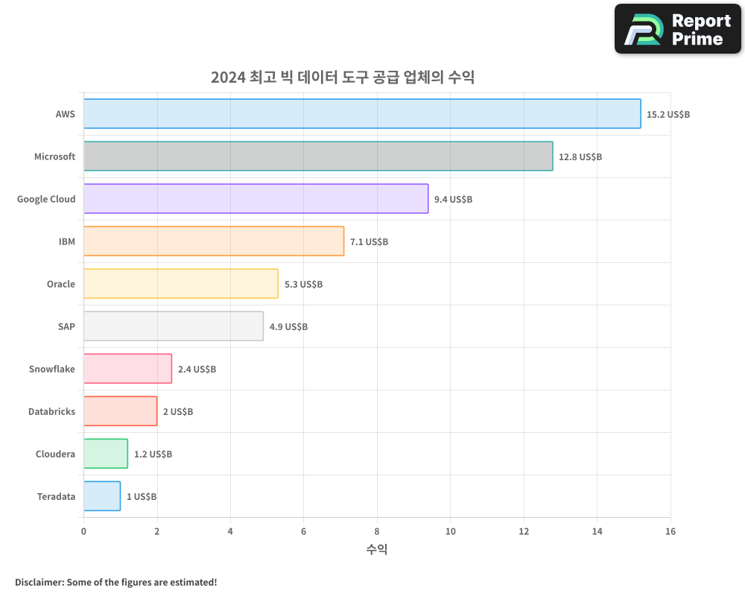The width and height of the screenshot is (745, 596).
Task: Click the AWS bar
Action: tap(362, 114)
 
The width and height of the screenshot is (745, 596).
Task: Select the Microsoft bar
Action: tap(318, 156)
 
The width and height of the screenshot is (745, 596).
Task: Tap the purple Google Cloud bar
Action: tap(256, 199)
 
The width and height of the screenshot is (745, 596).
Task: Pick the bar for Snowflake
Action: tap(127, 369)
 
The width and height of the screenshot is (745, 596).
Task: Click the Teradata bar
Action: tap(102, 496)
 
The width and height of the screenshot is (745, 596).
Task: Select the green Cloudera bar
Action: tap(106, 454)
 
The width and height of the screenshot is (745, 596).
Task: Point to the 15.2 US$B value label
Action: tap(668, 115)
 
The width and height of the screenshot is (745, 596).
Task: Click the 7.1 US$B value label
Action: tap(369, 242)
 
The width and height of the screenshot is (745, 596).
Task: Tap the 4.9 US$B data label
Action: tap(288, 327)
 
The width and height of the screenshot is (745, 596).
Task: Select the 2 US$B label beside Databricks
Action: tap(177, 412)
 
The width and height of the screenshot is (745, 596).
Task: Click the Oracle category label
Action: tap(61, 285)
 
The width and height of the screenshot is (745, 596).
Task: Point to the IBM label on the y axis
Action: tap(67, 242)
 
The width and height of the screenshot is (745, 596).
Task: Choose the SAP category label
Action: tap(66, 327)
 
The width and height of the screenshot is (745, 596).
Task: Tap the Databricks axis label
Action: tap(51, 412)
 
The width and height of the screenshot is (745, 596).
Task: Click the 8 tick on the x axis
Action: tap(377, 531)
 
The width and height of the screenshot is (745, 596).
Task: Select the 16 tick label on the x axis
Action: tap(670, 531)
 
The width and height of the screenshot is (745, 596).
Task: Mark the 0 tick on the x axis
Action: tap(83, 531)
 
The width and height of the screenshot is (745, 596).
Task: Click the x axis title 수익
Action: tap(377, 550)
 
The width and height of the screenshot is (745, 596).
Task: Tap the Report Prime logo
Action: tap(678, 29)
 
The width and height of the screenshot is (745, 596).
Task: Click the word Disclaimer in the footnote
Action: tap(39, 582)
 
